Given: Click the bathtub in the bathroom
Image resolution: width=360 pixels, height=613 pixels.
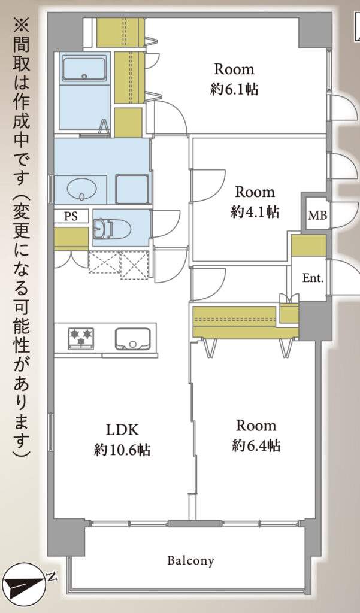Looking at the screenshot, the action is point(84,69).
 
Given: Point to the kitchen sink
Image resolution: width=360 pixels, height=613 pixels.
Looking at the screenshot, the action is point(132,339).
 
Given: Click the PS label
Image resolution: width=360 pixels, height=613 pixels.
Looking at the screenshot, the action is point(71,216).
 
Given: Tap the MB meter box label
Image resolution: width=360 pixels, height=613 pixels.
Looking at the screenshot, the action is point(317,215).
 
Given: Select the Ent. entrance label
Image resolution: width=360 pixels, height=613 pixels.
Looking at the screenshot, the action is point(313,278).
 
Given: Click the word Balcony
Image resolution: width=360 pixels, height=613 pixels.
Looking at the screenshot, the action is point(191,560).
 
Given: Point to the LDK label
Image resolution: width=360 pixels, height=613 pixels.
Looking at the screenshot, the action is point(122,430).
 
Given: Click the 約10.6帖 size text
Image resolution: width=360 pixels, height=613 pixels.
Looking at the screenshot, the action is point(122,450).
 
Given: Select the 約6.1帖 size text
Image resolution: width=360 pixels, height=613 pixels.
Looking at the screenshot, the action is point(234,90).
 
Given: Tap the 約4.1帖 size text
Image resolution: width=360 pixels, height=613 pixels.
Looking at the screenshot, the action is point(255,212).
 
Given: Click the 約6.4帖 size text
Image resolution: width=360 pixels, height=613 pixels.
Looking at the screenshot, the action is point(256,445).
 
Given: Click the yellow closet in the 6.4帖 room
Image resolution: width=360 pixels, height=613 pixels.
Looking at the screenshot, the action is point(246,322).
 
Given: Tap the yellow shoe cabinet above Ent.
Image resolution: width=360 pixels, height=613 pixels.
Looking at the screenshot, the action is point(308,245).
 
